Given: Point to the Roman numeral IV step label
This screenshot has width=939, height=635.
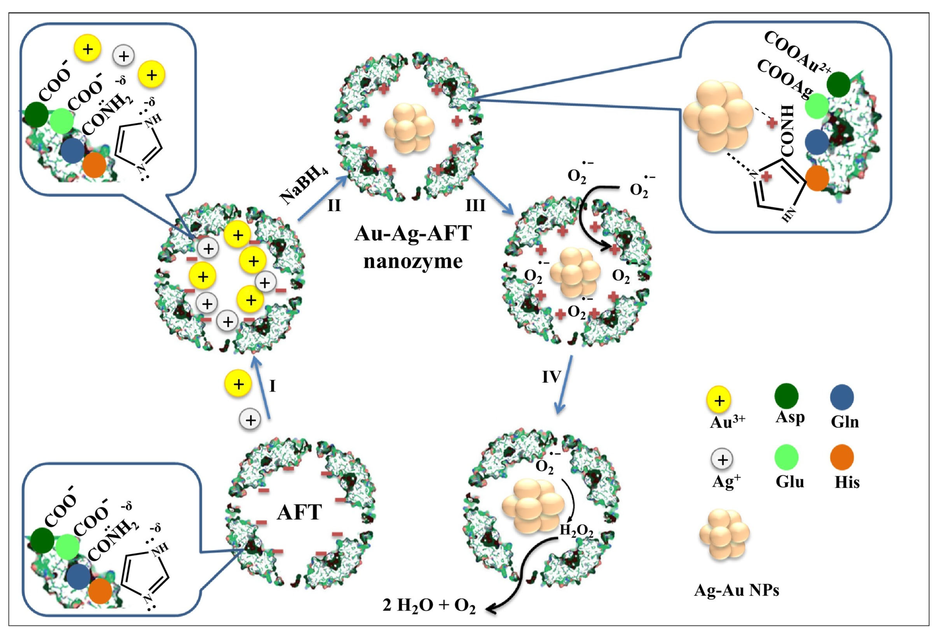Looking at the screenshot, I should (x=551, y=377).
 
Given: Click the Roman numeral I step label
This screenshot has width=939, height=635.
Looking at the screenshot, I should (x=273, y=386).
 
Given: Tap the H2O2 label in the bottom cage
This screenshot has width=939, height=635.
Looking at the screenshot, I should (x=576, y=531).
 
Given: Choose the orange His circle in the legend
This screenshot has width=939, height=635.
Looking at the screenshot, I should (x=842, y=457).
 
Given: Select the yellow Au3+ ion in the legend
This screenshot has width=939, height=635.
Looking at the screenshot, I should (x=719, y=400).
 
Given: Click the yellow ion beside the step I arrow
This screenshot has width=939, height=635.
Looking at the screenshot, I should (x=238, y=383).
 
